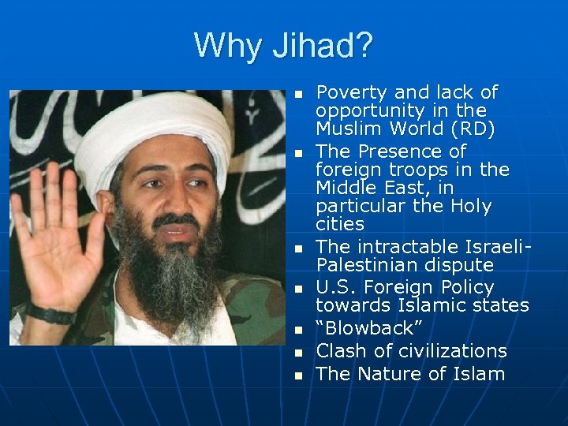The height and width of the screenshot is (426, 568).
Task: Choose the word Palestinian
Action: click(x=364, y=264)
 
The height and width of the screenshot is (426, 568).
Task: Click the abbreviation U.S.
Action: click(x=337, y=286)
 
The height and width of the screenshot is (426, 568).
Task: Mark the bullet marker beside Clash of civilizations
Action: click(x=298, y=352)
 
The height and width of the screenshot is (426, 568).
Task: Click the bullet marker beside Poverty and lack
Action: click(x=298, y=95)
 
